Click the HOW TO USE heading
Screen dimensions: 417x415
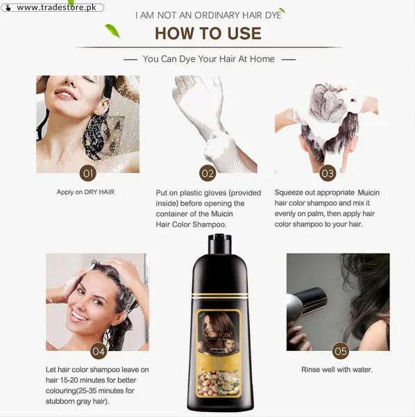[x=207, y=33]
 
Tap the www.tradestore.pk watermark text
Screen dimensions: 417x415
[x=56, y=8]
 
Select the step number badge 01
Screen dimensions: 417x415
[x=87, y=173]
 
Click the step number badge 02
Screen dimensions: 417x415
[x=207, y=173]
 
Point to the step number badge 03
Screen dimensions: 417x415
[x=327, y=173]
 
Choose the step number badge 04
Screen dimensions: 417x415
[x=98, y=350]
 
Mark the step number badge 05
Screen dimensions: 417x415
[x=340, y=350]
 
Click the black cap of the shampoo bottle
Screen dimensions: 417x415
[x=219, y=244]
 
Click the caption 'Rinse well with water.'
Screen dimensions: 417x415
[x=337, y=370]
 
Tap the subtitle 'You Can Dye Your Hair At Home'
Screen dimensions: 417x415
[x=208, y=59]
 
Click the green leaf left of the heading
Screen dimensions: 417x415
[x=112, y=30]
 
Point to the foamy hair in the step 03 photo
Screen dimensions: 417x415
[x=326, y=108]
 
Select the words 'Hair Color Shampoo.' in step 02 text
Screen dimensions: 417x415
[x=190, y=224]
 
